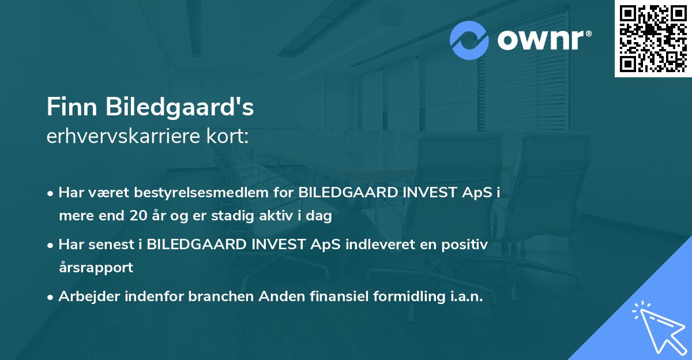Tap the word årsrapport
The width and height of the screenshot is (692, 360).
click(x=96, y=267)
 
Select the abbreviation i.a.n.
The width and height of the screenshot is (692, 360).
click(x=464, y=297)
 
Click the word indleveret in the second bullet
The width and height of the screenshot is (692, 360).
click(x=381, y=245)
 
